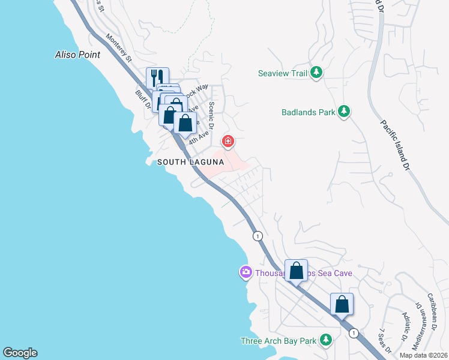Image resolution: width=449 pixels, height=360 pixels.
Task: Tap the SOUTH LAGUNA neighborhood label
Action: click(x=190, y=162)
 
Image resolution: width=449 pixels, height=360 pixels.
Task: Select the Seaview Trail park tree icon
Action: click(x=317, y=73)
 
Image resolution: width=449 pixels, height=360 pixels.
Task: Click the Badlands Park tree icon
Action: click(x=344, y=112)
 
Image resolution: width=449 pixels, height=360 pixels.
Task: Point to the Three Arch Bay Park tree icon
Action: click(x=326, y=340)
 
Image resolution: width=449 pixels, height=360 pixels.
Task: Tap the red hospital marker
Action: click(x=228, y=142)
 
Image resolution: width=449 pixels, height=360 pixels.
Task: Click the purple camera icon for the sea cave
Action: click(x=245, y=273)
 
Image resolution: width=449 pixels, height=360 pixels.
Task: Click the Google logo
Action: click(x=20, y=353)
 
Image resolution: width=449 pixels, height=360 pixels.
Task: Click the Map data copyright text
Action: click(x=424, y=355)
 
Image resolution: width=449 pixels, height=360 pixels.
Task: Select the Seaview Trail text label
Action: click(x=283, y=74)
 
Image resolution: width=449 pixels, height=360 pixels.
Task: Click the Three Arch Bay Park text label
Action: click(x=278, y=341)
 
